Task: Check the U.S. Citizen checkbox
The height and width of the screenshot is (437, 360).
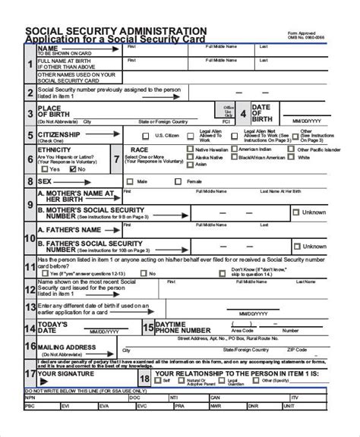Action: tap(149, 136)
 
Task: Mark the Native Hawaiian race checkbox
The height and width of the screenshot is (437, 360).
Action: tap(190, 150)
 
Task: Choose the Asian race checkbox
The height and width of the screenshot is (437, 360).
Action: tap(190, 171)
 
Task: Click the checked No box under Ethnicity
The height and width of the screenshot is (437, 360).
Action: tap(72, 169)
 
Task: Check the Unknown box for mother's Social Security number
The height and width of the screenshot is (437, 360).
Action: tap(296, 212)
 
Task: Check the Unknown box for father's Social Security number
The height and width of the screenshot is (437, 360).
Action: tap(296, 246)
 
